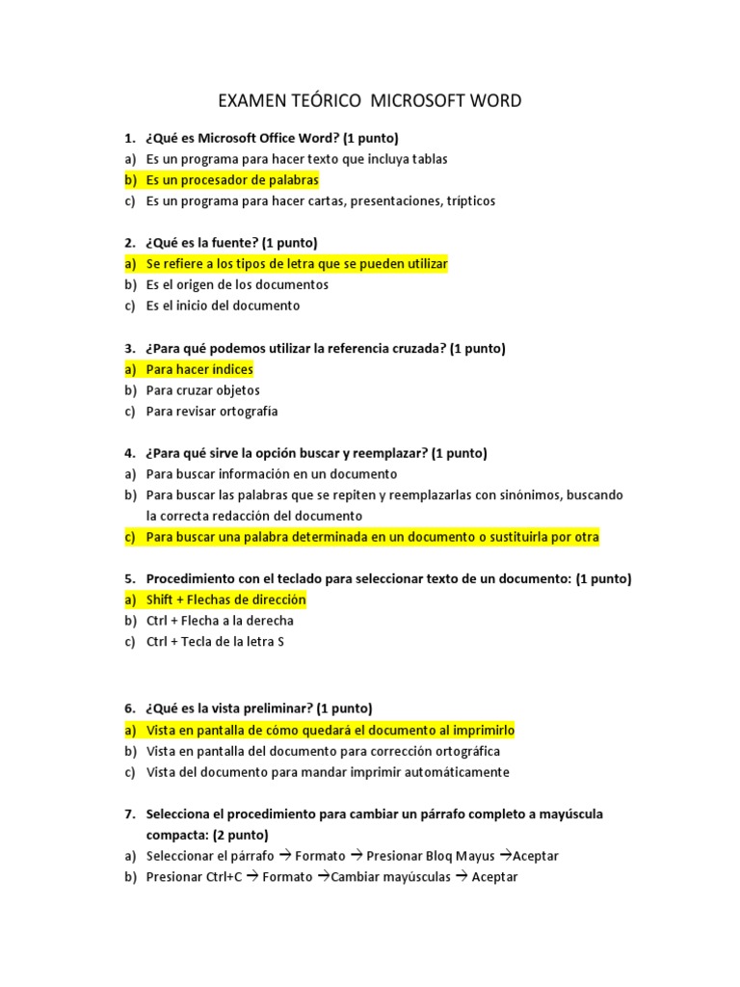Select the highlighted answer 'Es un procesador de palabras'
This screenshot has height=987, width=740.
click(231, 180)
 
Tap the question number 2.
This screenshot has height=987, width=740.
click(129, 243)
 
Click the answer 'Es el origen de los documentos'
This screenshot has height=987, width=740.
click(237, 285)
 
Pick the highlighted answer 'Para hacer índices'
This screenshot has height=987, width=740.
click(199, 369)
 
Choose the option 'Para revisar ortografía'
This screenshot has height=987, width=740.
click(212, 412)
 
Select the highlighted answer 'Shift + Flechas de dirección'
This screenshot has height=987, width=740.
click(225, 600)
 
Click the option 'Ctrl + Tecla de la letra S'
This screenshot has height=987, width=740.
click(215, 642)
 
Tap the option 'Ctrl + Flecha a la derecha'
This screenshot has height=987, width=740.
click(220, 621)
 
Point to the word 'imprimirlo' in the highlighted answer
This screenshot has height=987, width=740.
click(483, 730)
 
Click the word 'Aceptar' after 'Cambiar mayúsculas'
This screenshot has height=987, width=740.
click(494, 876)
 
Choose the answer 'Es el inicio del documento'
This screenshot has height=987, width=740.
click(223, 306)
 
